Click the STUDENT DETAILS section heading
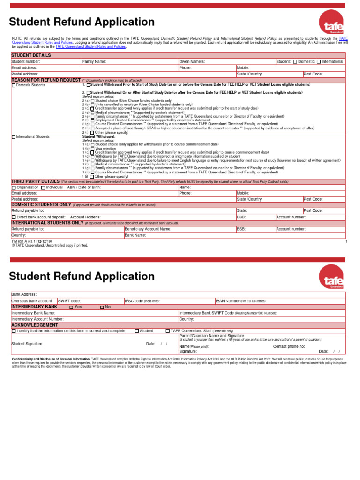[x=31, y=55]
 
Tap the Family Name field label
[x=94, y=61]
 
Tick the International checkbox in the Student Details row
[x=319, y=61]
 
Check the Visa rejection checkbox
[x=92, y=149]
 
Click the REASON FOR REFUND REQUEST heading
[x=46, y=80]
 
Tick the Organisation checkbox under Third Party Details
[x=14, y=187]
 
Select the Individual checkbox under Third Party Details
[x=43, y=187]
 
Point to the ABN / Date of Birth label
[x=83, y=187]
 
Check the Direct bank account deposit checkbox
[x=14, y=217]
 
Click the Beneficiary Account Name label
[x=148, y=229]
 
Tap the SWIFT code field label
[x=69, y=300]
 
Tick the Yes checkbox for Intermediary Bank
[x=71, y=307]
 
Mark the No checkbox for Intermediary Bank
[x=102, y=307]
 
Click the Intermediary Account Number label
[x=37, y=319]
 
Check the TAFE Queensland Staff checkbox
[x=168, y=331]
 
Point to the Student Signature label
[x=30, y=344]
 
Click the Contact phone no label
[x=289, y=346]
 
